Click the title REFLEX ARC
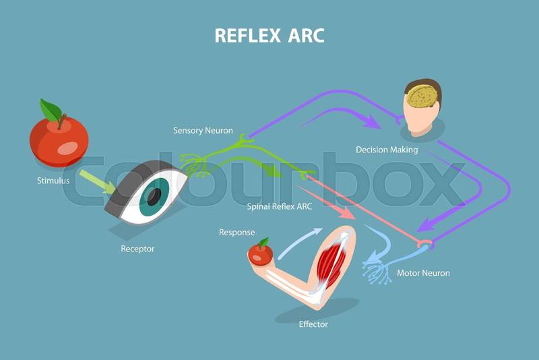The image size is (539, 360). pyautogui.click(x=269, y=35)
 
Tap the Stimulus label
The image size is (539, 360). pyautogui.click(x=53, y=181)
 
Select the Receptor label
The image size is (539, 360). pyautogui.click(x=137, y=249)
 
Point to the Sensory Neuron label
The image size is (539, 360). pyautogui.click(x=203, y=130)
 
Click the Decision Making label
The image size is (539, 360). pyautogui.click(x=387, y=150)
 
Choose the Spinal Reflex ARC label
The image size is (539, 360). pyautogui.click(x=279, y=206)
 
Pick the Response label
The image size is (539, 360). pyautogui.click(x=237, y=233)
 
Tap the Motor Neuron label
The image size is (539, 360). pyautogui.click(x=423, y=273)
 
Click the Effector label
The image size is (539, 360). pyautogui.click(x=313, y=324)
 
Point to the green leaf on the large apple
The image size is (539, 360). pyautogui.click(x=50, y=109)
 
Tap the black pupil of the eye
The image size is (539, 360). pyautogui.click(x=154, y=196)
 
